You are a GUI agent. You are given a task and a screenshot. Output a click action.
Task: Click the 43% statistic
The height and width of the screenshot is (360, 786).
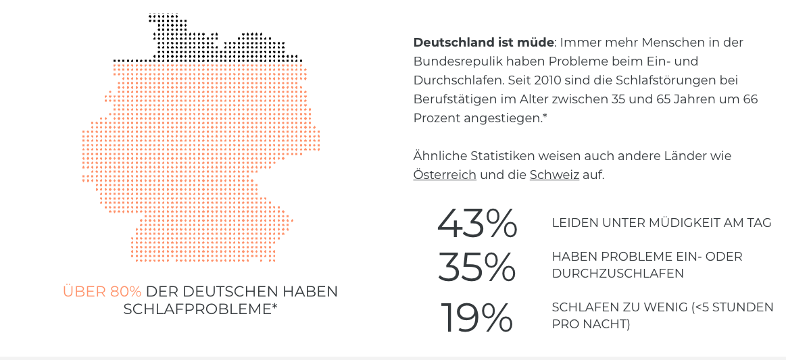[477, 223]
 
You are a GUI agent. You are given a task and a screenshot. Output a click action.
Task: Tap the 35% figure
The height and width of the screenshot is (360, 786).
[477, 267]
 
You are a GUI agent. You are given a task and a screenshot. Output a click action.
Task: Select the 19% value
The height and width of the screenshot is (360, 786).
[477, 317]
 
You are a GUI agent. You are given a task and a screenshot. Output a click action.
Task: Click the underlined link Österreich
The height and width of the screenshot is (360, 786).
[445, 175]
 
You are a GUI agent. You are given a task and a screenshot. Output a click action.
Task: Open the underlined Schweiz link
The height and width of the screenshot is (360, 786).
[554, 175]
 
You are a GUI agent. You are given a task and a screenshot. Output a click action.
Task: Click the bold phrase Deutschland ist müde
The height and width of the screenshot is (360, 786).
[483, 43]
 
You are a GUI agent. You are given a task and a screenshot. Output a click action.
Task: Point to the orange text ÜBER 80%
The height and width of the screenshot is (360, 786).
[102, 292]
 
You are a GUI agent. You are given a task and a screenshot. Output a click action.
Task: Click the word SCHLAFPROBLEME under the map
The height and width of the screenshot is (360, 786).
[197, 309]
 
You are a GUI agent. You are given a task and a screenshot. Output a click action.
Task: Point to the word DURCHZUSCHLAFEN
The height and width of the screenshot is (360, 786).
[618, 274]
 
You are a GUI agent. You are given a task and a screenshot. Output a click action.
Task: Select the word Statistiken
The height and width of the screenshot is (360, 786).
[494, 156]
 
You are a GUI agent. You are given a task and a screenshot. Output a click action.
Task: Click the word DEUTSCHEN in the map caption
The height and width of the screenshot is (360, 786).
[218, 292]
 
